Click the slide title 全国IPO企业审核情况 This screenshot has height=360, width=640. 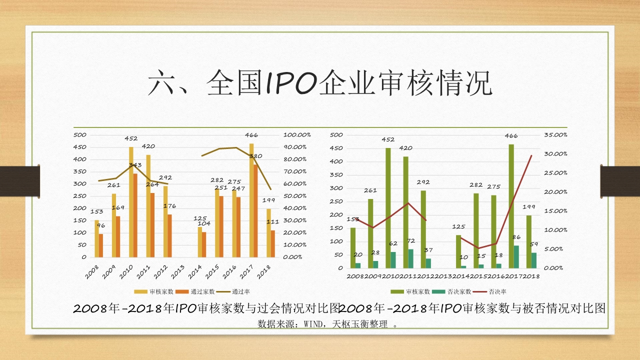coord(320,83)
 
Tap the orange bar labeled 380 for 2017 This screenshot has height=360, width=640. coord(255,210)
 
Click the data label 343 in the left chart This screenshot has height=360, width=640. coord(135,165)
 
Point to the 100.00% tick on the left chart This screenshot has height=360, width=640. coord(297,135)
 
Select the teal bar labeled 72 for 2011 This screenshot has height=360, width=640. coord(410,258)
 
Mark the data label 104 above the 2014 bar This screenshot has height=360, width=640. coord(204,223)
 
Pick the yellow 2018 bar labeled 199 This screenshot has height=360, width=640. coord(268,232)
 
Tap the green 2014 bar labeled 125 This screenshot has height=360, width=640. coord(458,251)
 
